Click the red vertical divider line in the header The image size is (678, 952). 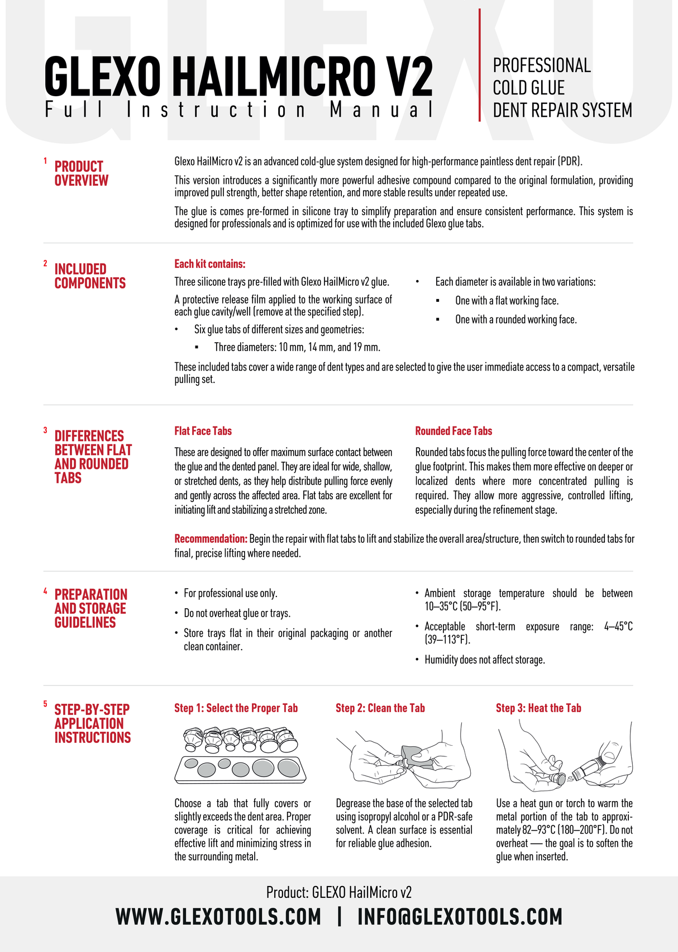(x=480, y=65)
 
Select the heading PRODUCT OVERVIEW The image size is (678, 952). (x=82, y=173)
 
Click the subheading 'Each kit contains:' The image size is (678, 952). (x=210, y=264)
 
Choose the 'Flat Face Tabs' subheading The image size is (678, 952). (x=203, y=431)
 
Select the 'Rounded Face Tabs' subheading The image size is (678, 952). (x=453, y=431)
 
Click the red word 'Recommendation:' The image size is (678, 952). (x=211, y=539)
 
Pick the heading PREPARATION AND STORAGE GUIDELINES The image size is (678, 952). (x=90, y=608)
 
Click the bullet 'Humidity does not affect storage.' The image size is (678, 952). (x=484, y=660)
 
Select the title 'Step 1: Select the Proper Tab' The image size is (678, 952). (x=236, y=708)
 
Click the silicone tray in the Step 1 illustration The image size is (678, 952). (x=240, y=770)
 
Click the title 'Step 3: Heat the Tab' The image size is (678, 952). (x=538, y=708)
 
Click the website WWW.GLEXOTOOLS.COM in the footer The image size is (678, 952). (x=218, y=917)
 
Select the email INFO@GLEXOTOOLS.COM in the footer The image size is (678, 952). (x=460, y=917)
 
